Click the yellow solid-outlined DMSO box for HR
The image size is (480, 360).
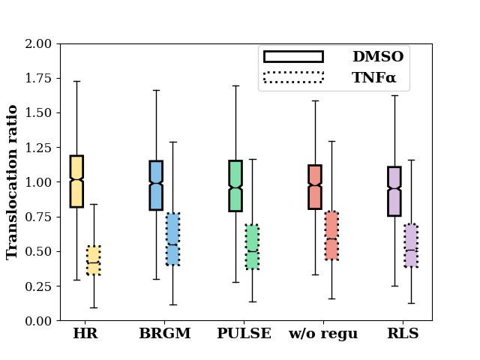pyautogui.click(x=76, y=181)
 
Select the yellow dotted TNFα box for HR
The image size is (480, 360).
pyautogui.click(x=93, y=260)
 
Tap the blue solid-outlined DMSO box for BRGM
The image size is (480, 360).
pyautogui.click(x=156, y=185)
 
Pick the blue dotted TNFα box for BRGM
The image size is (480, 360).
pyautogui.click(x=172, y=238)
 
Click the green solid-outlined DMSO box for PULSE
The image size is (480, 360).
pyautogui.click(x=235, y=185)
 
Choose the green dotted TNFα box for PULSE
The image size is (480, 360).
pyautogui.click(x=252, y=247)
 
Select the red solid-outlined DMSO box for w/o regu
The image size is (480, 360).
pyautogui.click(x=315, y=187)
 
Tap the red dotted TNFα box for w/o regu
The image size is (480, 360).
pyautogui.click(x=331, y=235)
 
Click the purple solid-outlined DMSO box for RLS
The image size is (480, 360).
pyautogui.click(x=394, y=191)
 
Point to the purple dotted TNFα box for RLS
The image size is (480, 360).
pyautogui.click(x=411, y=245)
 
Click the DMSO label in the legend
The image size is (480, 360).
pyautogui.click(x=378, y=57)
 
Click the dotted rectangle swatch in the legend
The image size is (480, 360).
pyautogui.click(x=293, y=77)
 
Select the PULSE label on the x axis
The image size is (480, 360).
pyautogui.click(x=244, y=334)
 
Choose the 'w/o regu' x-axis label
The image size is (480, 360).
pyautogui.click(x=323, y=334)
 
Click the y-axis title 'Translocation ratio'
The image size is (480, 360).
pyautogui.click(x=13, y=182)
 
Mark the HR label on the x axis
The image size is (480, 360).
pyautogui.click(x=85, y=334)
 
